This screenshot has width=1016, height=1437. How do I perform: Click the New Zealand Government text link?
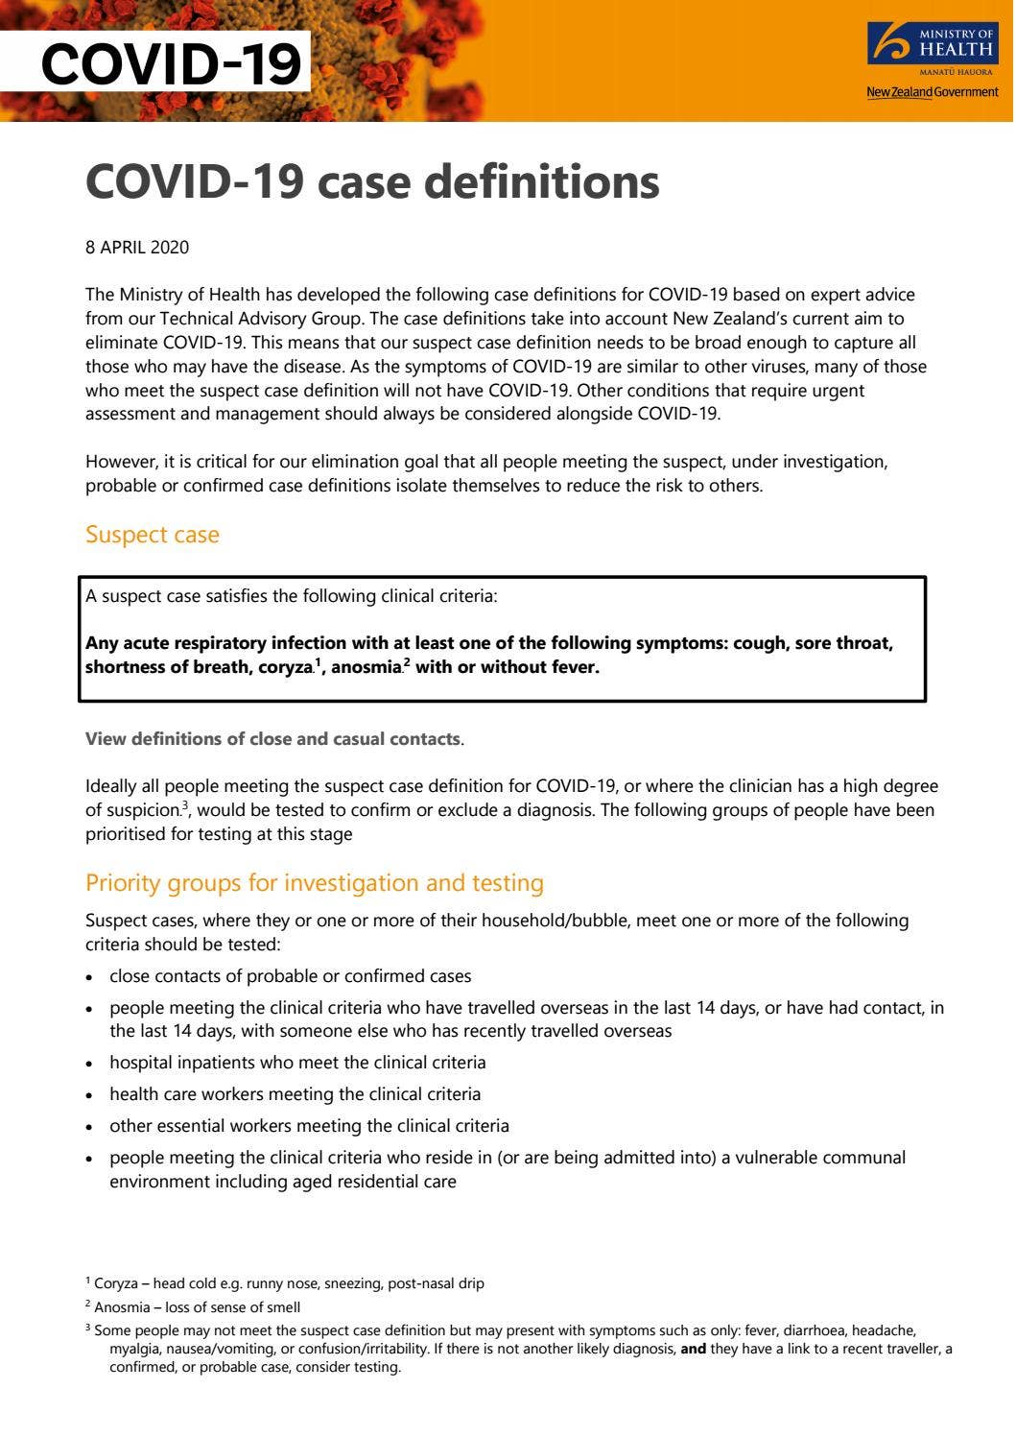pyautogui.click(x=932, y=92)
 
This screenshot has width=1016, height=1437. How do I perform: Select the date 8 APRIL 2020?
pyautogui.click(x=137, y=248)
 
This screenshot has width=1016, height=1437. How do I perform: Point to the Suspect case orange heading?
pyautogui.click(x=153, y=535)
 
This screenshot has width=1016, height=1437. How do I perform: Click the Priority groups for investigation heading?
pyautogui.click(x=315, y=883)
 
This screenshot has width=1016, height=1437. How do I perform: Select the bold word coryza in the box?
pyautogui.click(x=285, y=667)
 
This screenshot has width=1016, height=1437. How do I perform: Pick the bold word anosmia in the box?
pyautogui.click(x=366, y=667)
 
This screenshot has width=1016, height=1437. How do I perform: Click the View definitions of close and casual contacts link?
pyautogui.click(x=272, y=739)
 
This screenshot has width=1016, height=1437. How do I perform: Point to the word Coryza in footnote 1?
pyautogui.click(x=116, y=1283)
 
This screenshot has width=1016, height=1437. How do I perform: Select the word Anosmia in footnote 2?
pyautogui.click(x=120, y=1307)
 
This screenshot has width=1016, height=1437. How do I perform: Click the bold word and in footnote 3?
pyautogui.click(x=693, y=1350)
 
